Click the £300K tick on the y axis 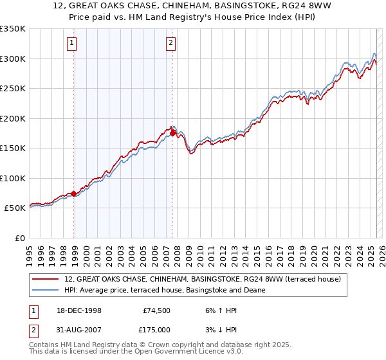[x=13, y=59]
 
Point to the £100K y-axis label [x=13, y=178]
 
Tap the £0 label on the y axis [x=19, y=238]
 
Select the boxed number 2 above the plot [x=170, y=44]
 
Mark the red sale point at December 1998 [x=74, y=193]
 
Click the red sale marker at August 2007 [x=173, y=133]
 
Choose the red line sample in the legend [x=46, y=280]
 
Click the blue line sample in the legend [x=46, y=290]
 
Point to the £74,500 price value [x=156, y=310]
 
